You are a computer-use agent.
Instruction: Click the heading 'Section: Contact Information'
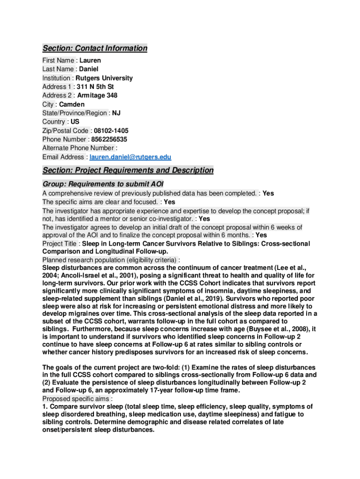coord(95,48)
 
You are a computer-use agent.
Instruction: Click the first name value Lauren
coord(90,60)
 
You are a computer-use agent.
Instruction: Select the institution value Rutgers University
coord(104,78)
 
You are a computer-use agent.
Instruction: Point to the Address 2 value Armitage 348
coord(97,95)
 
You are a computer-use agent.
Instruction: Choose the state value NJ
coord(116,113)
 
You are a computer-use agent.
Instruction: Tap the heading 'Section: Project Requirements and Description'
coord(128,170)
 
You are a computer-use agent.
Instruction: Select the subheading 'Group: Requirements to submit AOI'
coord(102,184)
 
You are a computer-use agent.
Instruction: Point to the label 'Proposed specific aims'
coord(76,399)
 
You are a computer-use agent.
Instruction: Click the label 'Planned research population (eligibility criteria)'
coord(110,260)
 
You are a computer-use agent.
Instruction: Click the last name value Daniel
coord(88,69)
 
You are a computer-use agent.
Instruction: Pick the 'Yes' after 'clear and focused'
coord(169,202)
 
